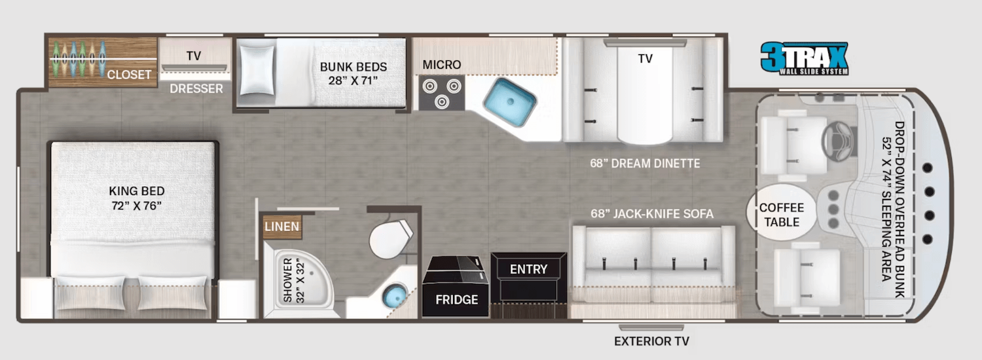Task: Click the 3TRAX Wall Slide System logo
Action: pyautogui.click(x=804, y=58)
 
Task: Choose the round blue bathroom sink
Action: pyautogui.click(x=395, y=297)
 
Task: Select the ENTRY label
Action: pyautogui.click(x=528, y=269)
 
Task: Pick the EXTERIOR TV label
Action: pyautogui.click(x=651, y=341)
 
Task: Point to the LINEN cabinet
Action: pyautogui.click(x=282, y=227)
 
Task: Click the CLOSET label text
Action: pyautogui.click(x=129, y=75)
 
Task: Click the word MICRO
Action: pyautogui.click(x=441, y=65)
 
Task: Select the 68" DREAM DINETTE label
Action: pyautogui.click(x=644, y=163)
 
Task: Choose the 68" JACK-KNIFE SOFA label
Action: pyautogui.click(x=651, y=213)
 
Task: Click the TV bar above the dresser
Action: pyautogui.click(x=194, y=67)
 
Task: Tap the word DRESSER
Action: pyautogui.click(x=196, y=88)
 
